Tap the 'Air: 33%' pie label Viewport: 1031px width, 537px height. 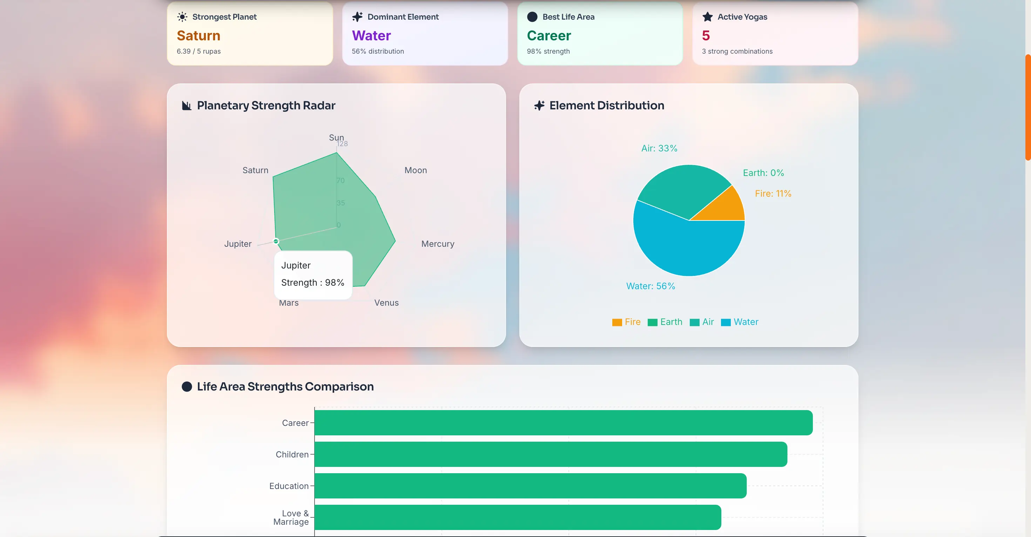pos(659,149)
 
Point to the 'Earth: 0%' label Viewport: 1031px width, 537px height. pos(763,173)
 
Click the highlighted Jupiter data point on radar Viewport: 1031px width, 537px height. pos(276,241)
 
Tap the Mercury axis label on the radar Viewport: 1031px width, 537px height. pos(437,244)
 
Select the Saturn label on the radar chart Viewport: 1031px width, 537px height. pos(255,170)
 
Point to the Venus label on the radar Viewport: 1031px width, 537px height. pos(386,303)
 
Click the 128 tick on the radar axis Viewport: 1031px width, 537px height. pos(342,144)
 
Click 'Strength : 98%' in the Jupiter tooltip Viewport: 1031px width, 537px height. pos(312,283)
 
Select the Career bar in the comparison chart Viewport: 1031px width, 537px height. pos(563,423)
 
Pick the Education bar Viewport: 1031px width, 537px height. pos(530,486)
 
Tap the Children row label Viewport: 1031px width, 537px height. pos(292,455)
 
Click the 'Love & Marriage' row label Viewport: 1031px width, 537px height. pos(291,517)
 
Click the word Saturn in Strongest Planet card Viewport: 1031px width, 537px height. pos(198,36)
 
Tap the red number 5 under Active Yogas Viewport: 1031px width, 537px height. pos(706,36)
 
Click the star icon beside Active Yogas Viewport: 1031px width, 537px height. pos(707,17)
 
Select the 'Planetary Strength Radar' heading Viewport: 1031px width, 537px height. pos(266,106)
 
